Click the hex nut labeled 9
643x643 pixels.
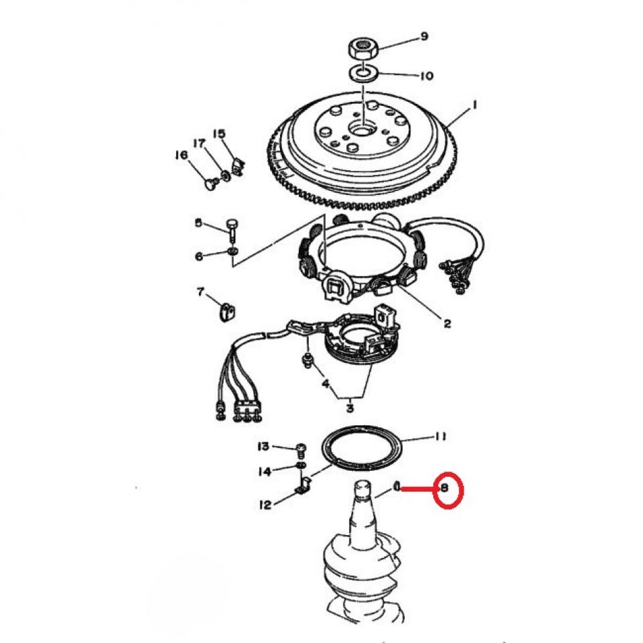[x=363, y=48]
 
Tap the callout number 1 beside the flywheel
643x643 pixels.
[x=474, y=105]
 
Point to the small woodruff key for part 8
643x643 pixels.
[x=397, y=488]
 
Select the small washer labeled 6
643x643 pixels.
[x=232, y=251]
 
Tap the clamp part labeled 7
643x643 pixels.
[x=228, y=312]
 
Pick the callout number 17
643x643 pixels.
[x=198, y=143]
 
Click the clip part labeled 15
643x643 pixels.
[x=238, y=163]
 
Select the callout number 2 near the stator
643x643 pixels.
[x=447, y=324]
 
